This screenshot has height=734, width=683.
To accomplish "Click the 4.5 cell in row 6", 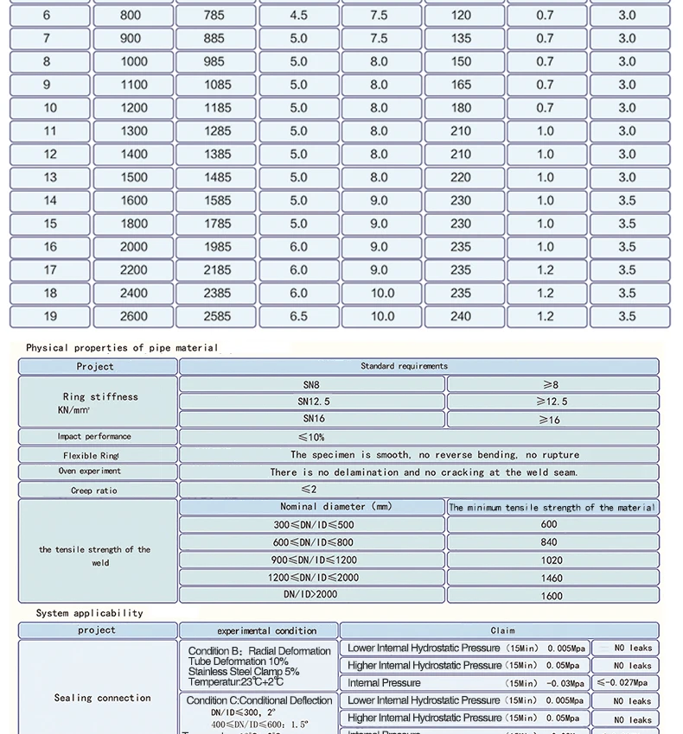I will pos(298,15).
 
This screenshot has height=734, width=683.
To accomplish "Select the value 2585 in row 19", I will pos(217,316).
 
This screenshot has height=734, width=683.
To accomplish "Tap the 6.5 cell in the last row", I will pos(298,316).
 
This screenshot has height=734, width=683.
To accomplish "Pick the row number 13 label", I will pos(50,177).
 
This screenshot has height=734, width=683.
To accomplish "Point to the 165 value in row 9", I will pos(461,85).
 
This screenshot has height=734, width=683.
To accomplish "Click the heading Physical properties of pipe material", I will pos(122,348).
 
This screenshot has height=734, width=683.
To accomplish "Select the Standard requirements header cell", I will pos(404,366).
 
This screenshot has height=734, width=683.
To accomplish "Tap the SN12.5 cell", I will pos(312,402).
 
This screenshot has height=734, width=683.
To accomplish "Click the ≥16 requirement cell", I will pos(551,420).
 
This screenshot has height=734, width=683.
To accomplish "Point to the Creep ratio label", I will pos(94,490).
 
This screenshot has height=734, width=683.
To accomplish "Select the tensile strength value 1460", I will pos(551,578).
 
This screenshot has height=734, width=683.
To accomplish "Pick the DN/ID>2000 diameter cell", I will pos(312,596).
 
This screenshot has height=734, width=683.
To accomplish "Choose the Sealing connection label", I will pos(102,698).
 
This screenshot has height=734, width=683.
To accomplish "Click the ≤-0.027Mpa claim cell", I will pos(625,683).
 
